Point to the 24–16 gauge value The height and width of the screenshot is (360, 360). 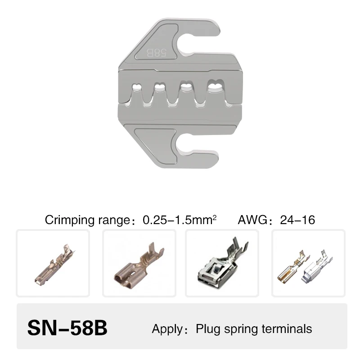point(297,220)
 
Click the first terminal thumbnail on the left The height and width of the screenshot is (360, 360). point(53,263)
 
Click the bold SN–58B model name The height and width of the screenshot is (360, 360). point(67,328)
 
